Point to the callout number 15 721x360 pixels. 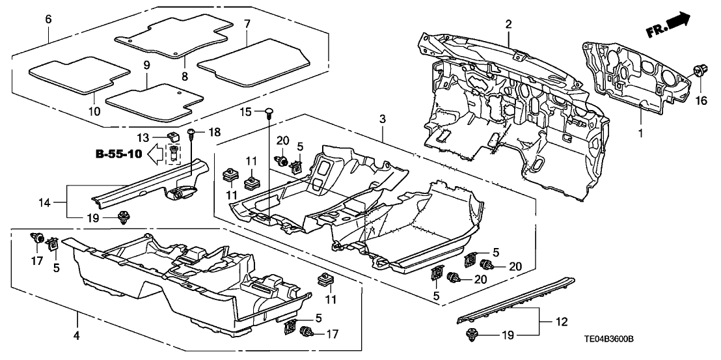[x=245, y=112]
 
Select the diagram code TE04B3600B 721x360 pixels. [x=672, y=339]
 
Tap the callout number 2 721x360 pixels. [x=509, y=25]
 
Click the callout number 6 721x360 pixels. [x=48, y=20]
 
